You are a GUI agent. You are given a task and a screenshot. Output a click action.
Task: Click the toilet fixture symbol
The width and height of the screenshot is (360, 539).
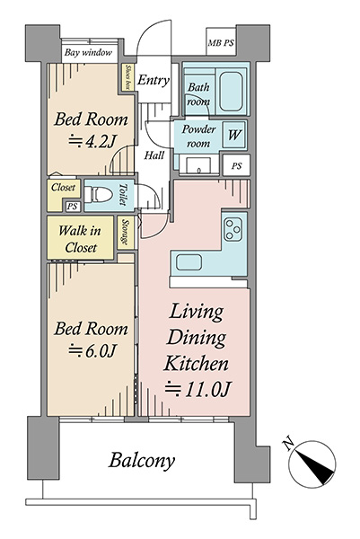[x=99, y=195]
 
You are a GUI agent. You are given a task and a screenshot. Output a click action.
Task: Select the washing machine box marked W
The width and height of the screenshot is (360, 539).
[x=234, y=135]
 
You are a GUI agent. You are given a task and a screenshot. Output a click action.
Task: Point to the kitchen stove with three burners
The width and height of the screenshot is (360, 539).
[x=233, y=230]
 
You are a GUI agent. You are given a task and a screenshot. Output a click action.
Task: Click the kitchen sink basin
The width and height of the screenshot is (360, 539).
[x=189, y=263]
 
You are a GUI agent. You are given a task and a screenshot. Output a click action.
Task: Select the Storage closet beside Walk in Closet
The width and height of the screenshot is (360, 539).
[x=126, y=233]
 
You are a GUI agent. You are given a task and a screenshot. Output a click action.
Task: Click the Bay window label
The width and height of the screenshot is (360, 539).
[x=89, y=53]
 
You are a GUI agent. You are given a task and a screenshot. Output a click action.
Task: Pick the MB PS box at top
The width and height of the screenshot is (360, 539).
[x=221, y=42]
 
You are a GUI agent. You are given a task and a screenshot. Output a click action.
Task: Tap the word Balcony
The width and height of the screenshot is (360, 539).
[x=142, y=461]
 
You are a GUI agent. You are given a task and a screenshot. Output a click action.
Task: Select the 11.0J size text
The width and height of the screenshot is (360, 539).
[x=198, y=389]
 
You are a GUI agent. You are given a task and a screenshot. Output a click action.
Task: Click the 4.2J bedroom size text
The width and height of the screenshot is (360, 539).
[x=92, y=141]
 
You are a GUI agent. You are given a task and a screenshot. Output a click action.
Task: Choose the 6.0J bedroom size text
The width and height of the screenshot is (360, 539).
[x=92, y=350]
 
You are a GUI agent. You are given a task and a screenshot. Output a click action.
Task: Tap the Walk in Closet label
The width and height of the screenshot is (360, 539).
[x=80, y=239]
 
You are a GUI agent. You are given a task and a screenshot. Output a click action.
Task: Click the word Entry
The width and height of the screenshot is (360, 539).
[x=154, y=81]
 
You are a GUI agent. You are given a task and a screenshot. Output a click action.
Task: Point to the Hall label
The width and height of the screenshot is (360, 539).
[x=154, y=155]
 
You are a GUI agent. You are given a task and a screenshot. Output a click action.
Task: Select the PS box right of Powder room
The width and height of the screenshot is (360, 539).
[x=236, y=166]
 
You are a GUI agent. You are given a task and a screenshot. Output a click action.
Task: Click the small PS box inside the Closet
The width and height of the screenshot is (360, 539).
[x=72, y=207]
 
